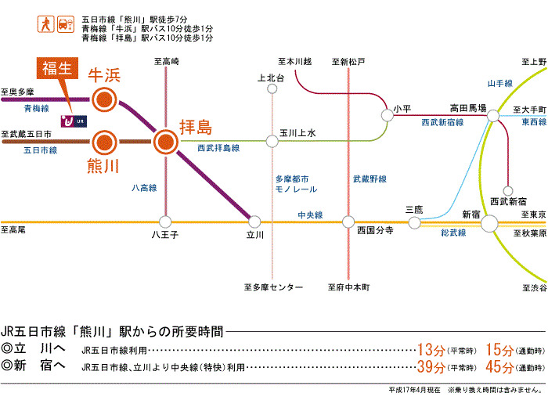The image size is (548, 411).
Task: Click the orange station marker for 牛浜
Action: point(103,99)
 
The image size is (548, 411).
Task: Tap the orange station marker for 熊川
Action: point(103,142)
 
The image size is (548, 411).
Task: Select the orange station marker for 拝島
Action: point(165,142)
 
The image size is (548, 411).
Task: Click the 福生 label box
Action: point(58,68)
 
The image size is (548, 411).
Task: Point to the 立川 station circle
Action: point(253,222)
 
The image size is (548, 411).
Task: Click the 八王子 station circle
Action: point(165,222)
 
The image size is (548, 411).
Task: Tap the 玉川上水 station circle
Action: point(272,142)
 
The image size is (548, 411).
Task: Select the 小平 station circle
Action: point(387,116)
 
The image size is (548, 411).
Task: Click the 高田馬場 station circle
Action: point(493,116)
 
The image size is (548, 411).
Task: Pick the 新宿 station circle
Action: point(489,223)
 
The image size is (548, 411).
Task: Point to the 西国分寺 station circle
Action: point(350,222)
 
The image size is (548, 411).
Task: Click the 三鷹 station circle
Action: point(414,222)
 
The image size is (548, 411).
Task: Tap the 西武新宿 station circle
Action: point(509,190)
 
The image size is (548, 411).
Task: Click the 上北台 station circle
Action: point(272,88)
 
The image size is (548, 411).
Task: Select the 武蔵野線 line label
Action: point(370,179)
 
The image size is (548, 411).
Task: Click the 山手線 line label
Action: point(499,82)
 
